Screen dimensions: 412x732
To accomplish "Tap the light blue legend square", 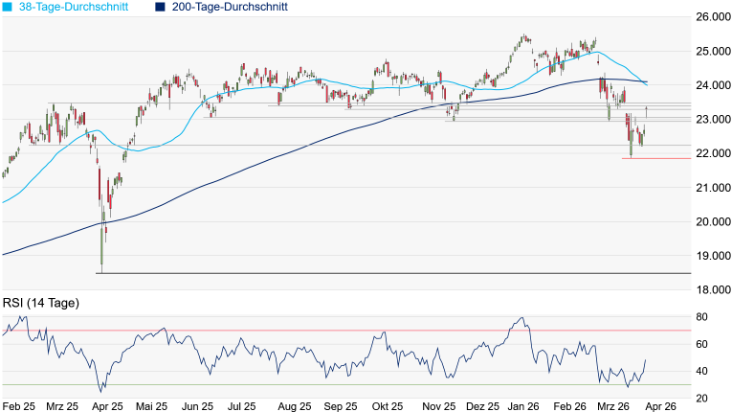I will click(7, 8).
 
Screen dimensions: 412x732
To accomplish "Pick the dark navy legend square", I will click(160, 8).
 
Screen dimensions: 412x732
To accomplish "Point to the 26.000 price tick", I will click(711, 17).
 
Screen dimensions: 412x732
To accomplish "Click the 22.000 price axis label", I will click(711, 153).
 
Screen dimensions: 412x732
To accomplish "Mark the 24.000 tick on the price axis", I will click(711, 85).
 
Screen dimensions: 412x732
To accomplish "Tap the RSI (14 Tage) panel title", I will click(40, 303).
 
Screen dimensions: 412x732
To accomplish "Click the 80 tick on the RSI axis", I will click(701, 317).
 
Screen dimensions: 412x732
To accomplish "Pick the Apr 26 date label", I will click(659, 406).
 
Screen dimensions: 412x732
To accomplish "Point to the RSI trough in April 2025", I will click(101, 392).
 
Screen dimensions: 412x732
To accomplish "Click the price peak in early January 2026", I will click(523, 36).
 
